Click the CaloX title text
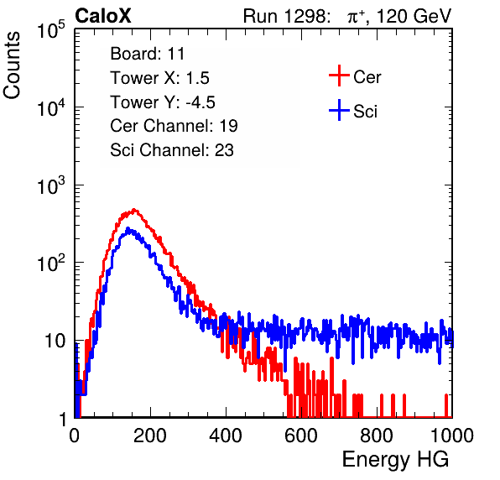tap(102, 16)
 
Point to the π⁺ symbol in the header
tap(356, 16)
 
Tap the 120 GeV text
tap(414, 16)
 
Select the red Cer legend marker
tap(339, 76)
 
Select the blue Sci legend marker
tap(339, 111)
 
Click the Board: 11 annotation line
tap(148, 54)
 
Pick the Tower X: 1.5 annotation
tap(159, 78)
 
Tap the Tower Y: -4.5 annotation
tap(163, 102)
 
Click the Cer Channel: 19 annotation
tap(174, 126)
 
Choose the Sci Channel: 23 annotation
tap(172, 150)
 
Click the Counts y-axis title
tap(12, 65)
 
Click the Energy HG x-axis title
tap(395, 460)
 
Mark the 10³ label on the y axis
tap(51, 185)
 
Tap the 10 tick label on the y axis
tap(55, 341)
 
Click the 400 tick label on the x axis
tap(226, 436)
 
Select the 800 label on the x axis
tap(377, 436)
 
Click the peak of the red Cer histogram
tap(134, 210)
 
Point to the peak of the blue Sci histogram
tap(128, 228)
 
